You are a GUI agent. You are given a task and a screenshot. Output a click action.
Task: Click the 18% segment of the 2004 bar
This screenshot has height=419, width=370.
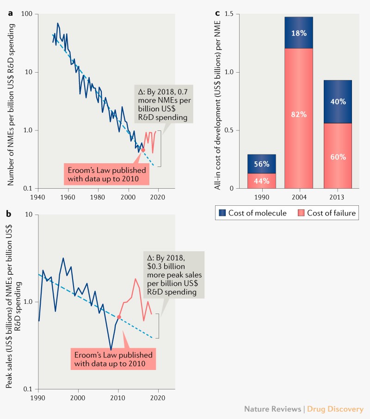coord(299,33)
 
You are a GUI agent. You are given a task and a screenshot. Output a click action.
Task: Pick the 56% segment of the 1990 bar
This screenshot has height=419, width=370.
coord(262,164)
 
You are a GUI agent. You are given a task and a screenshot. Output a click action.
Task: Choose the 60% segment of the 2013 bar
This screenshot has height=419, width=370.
coord(338,156)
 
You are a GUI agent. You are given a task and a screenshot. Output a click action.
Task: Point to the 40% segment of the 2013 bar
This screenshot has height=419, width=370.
coord(338,102)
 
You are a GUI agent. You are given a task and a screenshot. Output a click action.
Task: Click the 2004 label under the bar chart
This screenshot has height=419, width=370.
coord(299,198)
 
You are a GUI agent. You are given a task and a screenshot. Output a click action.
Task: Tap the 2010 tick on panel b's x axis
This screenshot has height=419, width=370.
coord(118,398)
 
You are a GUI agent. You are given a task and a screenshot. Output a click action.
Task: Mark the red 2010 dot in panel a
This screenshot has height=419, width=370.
coord(143,150)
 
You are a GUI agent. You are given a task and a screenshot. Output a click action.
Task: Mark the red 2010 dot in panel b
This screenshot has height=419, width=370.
coord(119,317)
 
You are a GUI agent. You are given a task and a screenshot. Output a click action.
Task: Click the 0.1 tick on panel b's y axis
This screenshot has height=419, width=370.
coord(31,389)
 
